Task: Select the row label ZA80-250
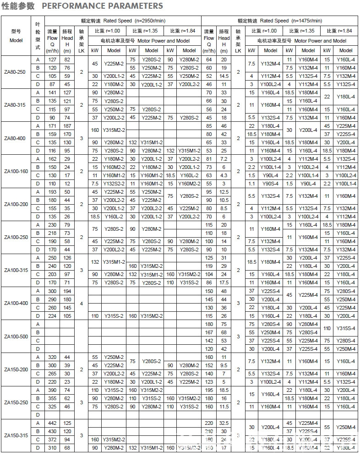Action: [x=16, y=72]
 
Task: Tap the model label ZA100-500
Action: [x=16, y=337]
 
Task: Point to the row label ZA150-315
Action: [x=16, y=435]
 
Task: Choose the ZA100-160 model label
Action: [x=16, y=171]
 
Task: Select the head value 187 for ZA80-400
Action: [x=67, y=125]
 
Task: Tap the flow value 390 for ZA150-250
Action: [x=52, y=390]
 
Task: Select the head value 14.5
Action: [x=224, y=76]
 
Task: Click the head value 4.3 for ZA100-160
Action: [x=224, y=175]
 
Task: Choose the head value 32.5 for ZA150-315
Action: [x=224, y=423]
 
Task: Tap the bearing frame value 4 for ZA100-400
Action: [x=82, y=304]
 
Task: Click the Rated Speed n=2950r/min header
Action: [x=130, y=21]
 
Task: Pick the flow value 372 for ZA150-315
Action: [x=52, y=440]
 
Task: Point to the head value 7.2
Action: [x=224, y=158]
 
